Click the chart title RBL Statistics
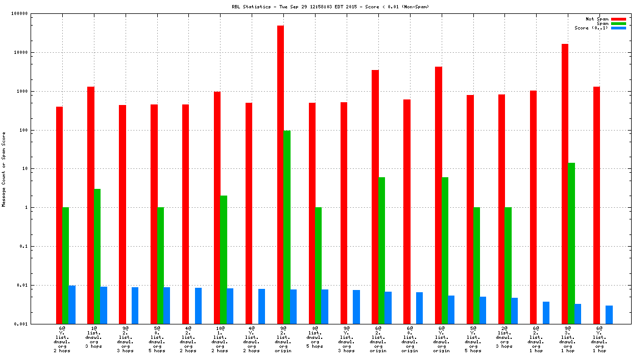331,7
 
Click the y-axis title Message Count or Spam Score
4,169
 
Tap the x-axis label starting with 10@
221,339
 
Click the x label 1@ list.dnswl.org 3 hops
94,339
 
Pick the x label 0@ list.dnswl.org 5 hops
315,337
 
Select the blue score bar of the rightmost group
609,314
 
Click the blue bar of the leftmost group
72,304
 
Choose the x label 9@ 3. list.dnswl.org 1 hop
568,339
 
